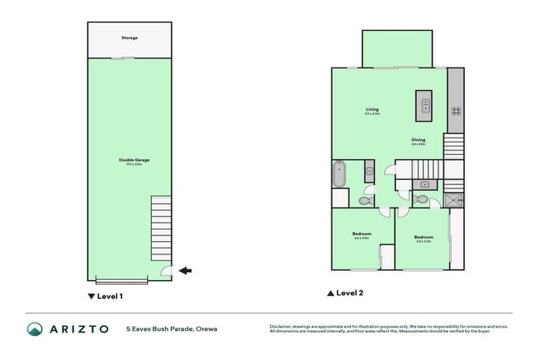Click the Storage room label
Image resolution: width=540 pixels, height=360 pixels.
[129, 37]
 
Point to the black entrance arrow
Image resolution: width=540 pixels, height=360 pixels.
[186, 270]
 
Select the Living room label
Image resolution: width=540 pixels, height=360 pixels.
[372, 110]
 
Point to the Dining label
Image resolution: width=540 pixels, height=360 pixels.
[418, 140]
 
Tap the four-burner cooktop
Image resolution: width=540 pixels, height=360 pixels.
[456, 110]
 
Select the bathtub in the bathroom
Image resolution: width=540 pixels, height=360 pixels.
[340, 174]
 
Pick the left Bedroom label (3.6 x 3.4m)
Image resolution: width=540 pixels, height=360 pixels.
[361, 234]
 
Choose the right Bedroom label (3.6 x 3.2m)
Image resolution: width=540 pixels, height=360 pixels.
[423, 237]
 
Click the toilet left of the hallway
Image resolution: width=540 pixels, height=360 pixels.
[364, 200]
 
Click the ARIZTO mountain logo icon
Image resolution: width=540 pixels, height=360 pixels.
[35, 329]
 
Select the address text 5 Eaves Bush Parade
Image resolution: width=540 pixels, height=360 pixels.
[162, 329]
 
